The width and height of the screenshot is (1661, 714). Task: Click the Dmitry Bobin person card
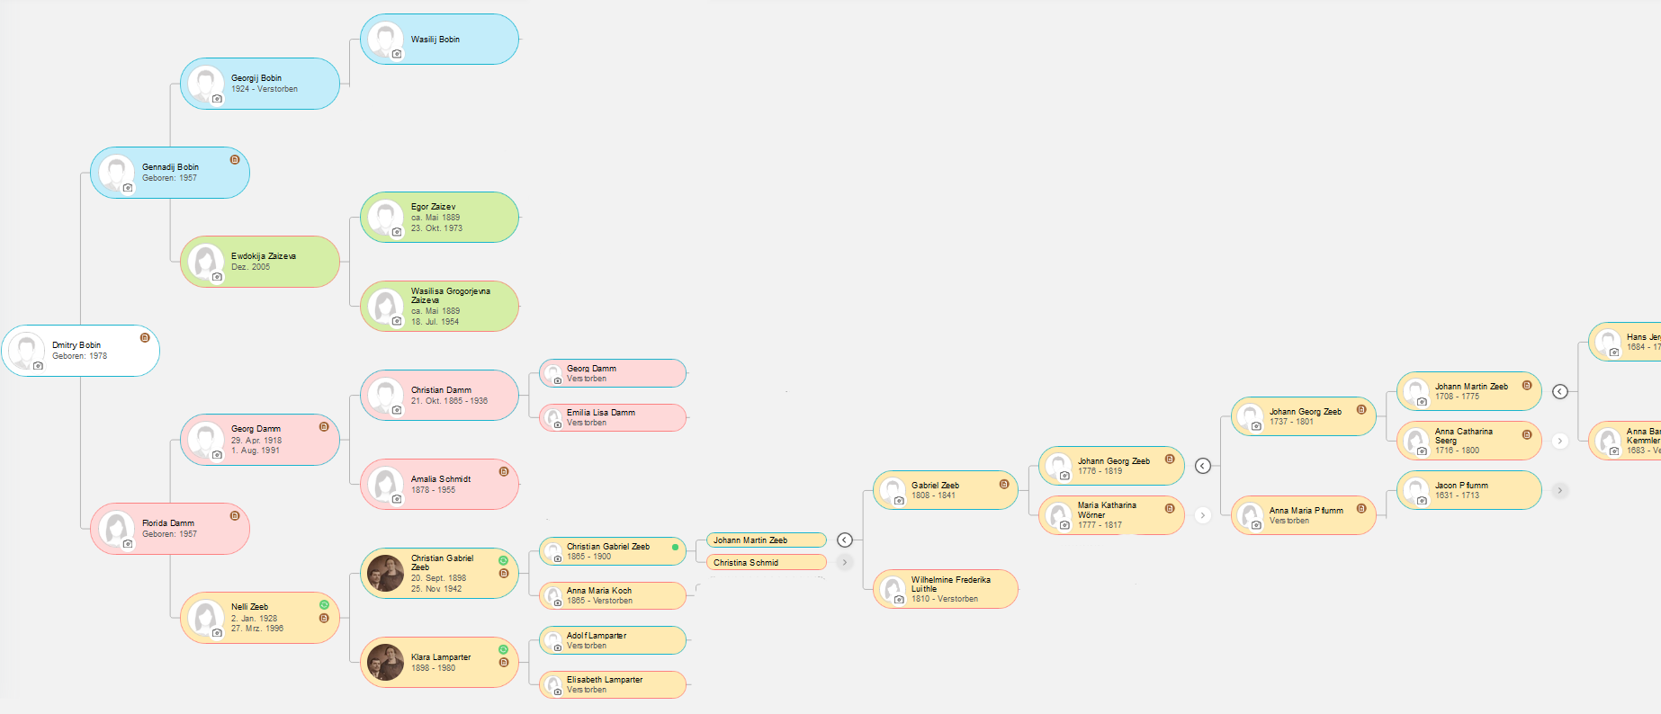pos(81,351)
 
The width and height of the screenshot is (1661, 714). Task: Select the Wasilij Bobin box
pos(440,40)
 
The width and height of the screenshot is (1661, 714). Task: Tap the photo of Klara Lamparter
pos(386,663)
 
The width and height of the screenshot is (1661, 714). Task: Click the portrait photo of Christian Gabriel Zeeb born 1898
pos(386,574)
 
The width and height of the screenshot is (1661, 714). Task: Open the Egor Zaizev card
pos(440,218)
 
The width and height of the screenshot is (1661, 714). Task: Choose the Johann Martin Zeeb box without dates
pos(766,540)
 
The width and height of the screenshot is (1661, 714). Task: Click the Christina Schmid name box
pos(766,563)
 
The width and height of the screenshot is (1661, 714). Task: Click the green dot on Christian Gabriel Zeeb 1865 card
pos(675,547)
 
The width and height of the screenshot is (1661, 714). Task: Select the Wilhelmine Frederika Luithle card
pos(946,590)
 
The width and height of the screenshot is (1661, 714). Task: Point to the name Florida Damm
pos(168,523)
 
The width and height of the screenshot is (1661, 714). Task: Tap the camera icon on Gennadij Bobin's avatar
pos(128,188)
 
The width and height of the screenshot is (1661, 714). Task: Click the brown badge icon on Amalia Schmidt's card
pos(504,471)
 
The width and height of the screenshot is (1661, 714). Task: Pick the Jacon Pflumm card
pos(1468,491)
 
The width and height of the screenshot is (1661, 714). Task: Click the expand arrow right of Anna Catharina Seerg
pos(1560,441)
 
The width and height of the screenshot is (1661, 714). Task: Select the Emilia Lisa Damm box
pos(613,418)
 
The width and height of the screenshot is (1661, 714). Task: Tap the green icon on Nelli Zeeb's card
pos(324,605)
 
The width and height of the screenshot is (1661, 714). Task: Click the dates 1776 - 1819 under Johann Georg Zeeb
pos(1100,471)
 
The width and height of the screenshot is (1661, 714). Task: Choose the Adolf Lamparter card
pos(613,640)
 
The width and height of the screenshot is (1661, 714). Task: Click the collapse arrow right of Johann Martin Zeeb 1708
pos(1560,391)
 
